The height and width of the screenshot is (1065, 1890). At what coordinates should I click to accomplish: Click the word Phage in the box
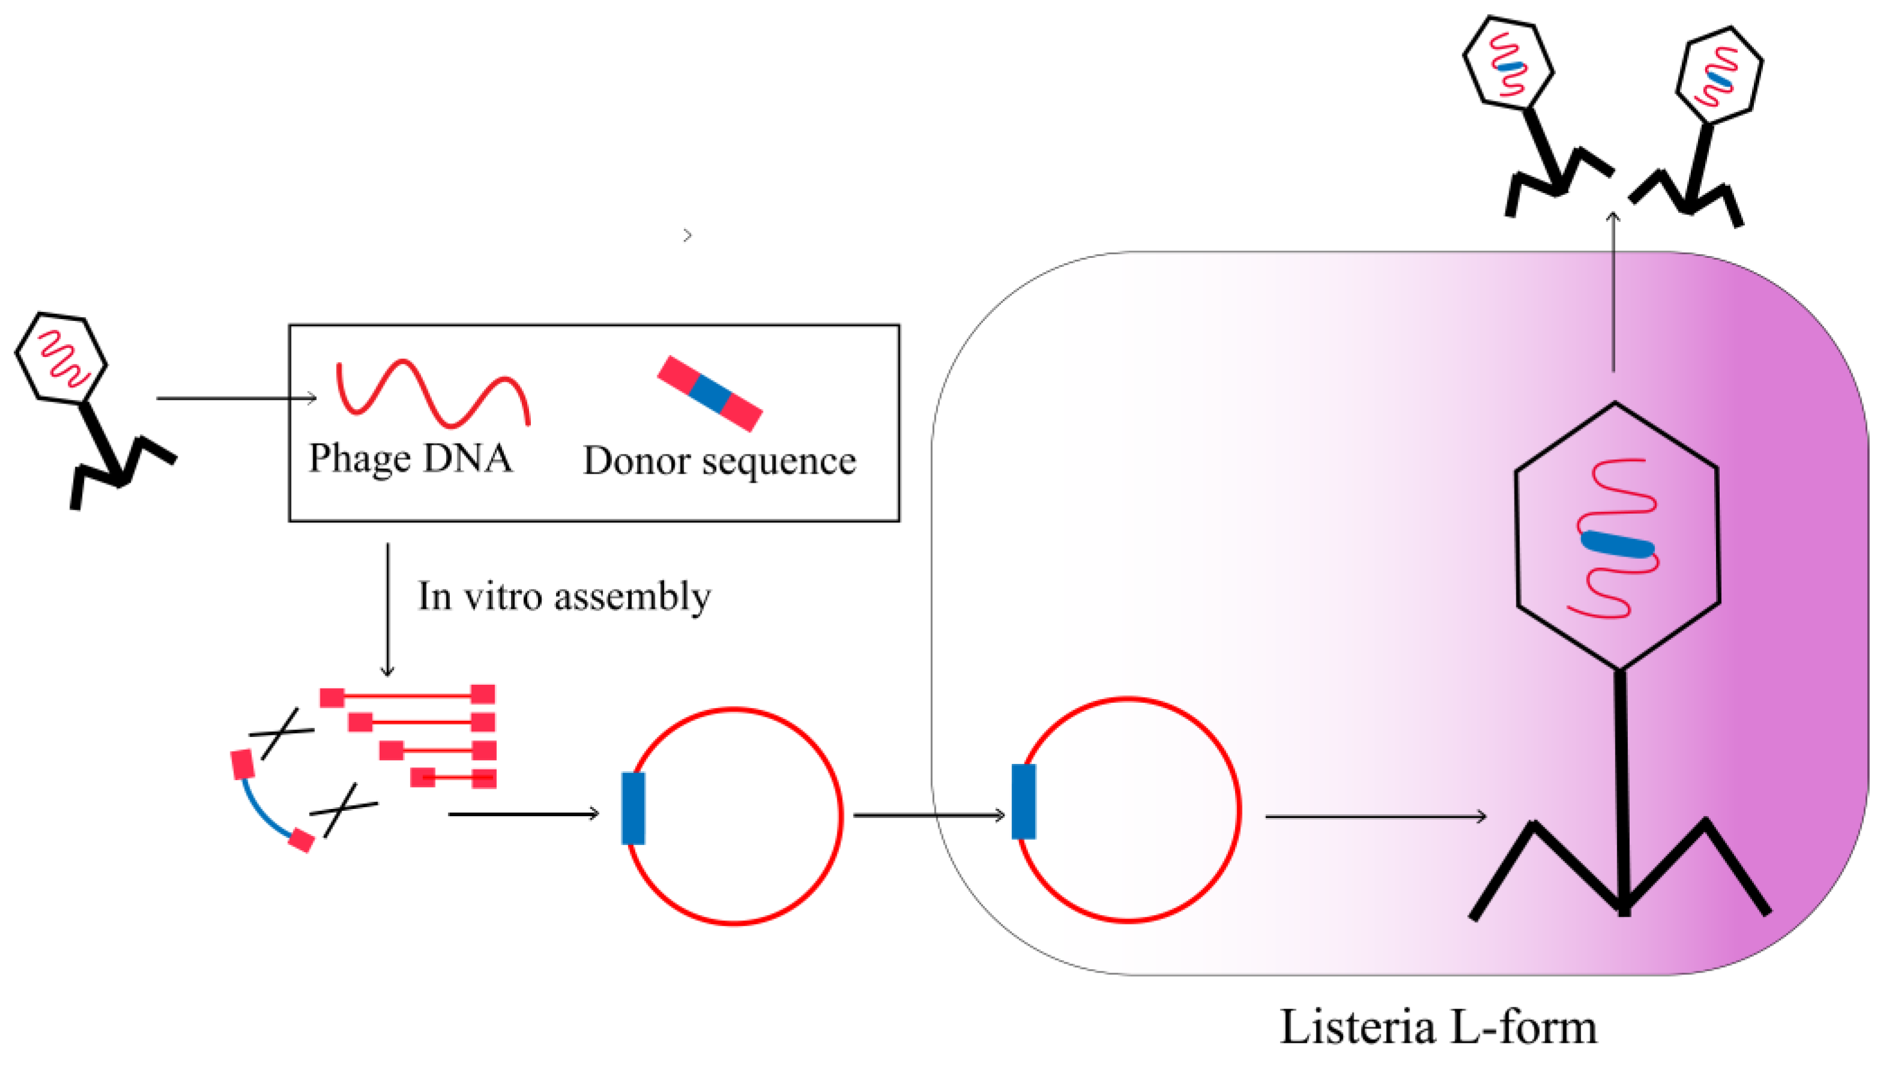(x=359, y=459)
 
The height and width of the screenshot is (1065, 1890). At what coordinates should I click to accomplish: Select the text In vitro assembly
(x=563, y=596)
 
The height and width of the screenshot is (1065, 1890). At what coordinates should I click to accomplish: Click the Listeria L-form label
(x=1438, y=1027)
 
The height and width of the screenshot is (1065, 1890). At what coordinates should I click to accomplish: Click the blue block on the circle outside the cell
(x=633, y=808)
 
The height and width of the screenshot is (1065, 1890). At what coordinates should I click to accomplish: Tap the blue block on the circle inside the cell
(x=1023, y=801)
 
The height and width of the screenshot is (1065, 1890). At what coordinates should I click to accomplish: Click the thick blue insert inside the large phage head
(x=1617, y=545)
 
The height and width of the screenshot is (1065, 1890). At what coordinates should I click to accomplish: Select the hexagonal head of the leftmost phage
(x=62, y=358)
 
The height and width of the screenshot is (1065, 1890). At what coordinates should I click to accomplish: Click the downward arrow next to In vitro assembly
(x=388, y=609)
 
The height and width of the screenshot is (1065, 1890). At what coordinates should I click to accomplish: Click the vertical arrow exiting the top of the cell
(x=1613, y=293)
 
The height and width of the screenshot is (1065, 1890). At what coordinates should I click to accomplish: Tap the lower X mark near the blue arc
(x=342, y=809)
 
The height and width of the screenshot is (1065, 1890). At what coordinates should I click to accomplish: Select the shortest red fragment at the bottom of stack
(x=453, y=777)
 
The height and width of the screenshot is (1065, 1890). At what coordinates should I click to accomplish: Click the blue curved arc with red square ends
(x=264, y=809)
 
